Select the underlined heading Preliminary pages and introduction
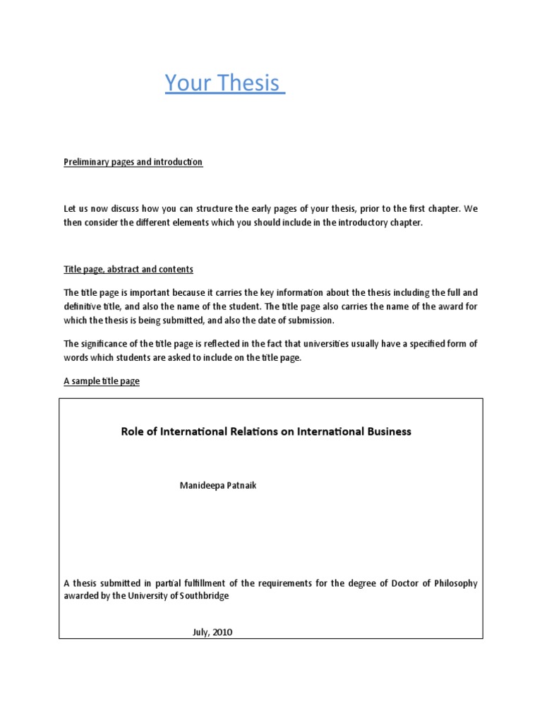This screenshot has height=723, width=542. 133,162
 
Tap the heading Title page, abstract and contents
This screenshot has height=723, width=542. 128,270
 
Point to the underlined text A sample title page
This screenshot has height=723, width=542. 102,381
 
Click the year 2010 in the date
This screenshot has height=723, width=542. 222,632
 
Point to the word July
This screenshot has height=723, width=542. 201,632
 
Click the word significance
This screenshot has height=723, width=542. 104,345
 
